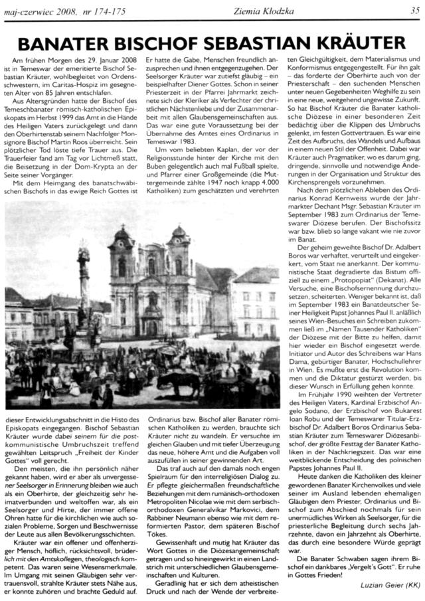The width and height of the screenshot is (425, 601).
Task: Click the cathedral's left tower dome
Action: (122, 238)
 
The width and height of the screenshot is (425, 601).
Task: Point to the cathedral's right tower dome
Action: (179, 234)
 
